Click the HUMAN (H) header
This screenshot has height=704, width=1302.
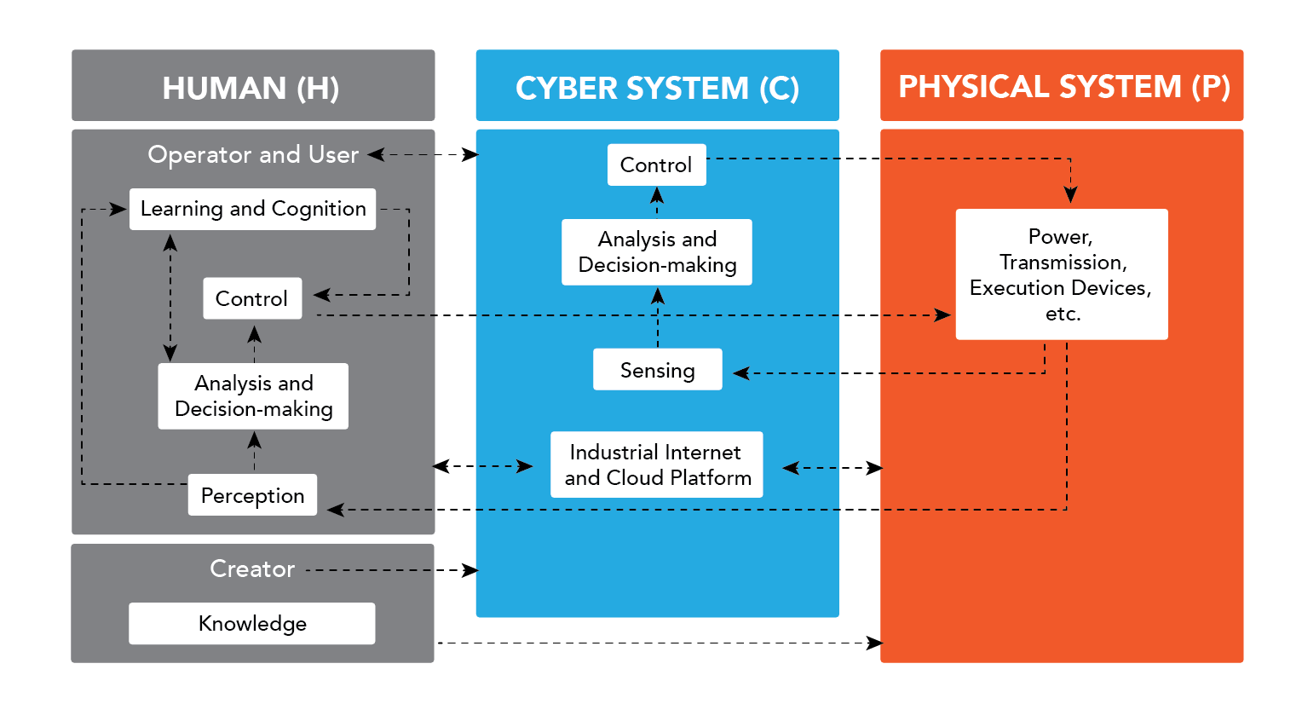(x=253, y=86)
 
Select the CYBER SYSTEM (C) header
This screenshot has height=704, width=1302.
(x=657, y=86)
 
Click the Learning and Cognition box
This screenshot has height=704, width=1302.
(x=252, y=209)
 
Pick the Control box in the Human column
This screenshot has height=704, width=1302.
(x=252, y=298)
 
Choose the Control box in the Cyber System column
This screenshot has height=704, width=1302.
(x=656, y=164)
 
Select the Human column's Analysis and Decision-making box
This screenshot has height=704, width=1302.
(x=253, y=396)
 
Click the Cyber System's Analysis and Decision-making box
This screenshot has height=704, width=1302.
(x=657, y=252)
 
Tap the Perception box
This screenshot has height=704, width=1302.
(x=252, y=495)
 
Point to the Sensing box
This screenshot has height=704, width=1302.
(x=657, y=370)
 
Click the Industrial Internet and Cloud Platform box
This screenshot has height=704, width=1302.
(x=657, y=465)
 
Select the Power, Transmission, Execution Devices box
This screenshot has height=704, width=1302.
(x=1062, y=274)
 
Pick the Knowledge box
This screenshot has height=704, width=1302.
(x=252, y=624)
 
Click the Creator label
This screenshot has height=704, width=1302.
(x=252, y=569)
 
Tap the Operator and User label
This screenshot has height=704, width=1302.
(x=253, y=155)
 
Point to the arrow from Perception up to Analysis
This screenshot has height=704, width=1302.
(x=254, y=452)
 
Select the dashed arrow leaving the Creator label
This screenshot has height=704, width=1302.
(x=392, y=570)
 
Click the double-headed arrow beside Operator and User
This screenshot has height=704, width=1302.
(x=423, y=154)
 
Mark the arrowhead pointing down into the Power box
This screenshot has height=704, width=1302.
(x=1070, y=194)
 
